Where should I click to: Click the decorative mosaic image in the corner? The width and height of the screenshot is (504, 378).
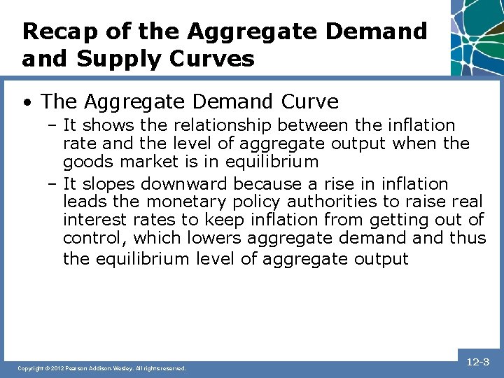point(476,36)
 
